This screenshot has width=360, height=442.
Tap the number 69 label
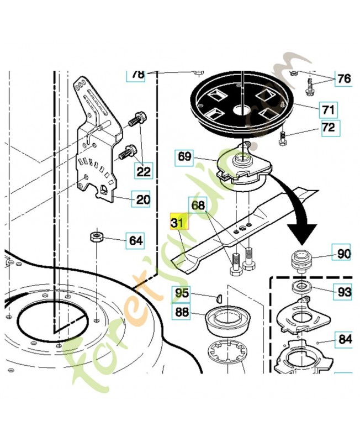185,157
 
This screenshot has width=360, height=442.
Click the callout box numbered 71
329,109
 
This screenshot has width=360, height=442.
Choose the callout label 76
343,79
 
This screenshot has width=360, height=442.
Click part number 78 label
136,75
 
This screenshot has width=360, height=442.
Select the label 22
144,171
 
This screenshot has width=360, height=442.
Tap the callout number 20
142,199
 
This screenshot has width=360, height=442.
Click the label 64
135,240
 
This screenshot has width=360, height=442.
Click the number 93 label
343,292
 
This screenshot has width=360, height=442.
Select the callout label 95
182,293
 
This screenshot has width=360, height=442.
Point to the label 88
181,312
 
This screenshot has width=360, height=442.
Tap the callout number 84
345,339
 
